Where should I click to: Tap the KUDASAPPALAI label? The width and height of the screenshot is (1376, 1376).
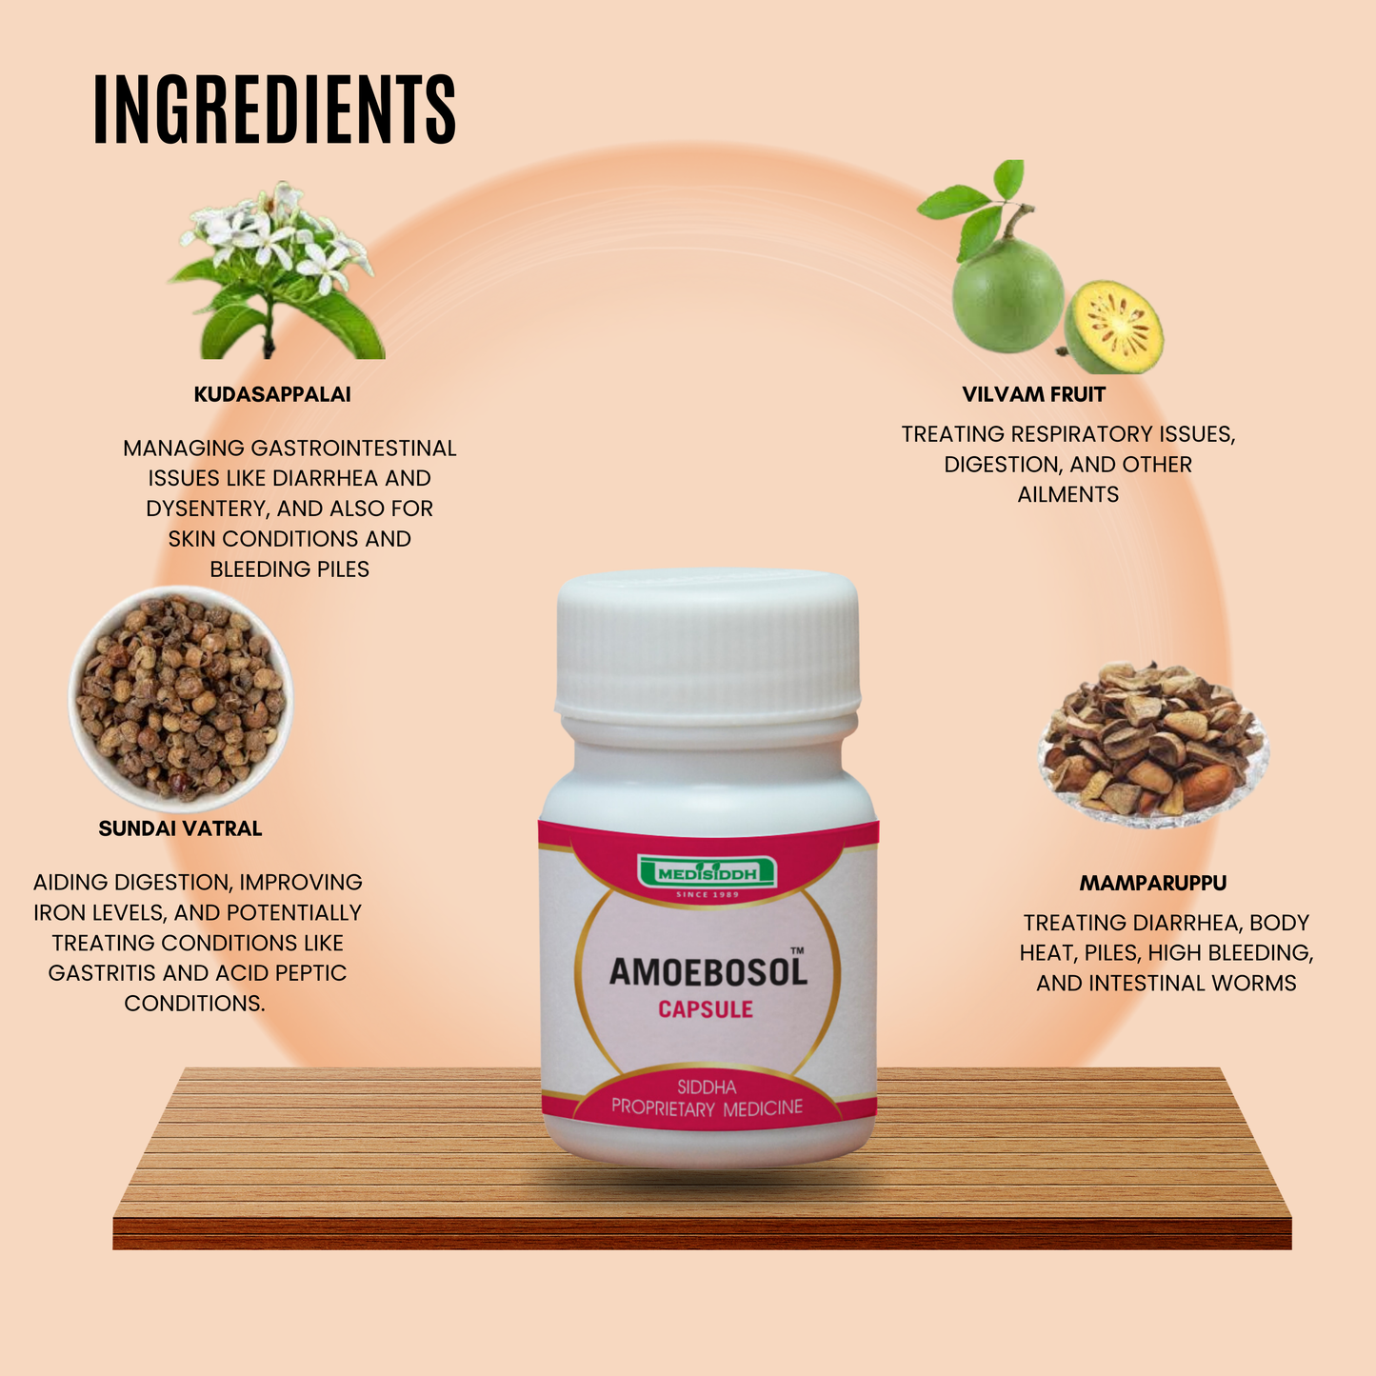point(272,394)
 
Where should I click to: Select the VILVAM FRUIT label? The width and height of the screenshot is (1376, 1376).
point(1033,394)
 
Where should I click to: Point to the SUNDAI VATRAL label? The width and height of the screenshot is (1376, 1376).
point(180,828)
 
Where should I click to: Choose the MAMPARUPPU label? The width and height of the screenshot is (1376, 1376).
point(1152,883)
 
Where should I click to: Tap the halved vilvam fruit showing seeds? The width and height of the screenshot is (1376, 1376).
point(1115,328)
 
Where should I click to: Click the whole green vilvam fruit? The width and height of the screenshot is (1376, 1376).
point(1007,295)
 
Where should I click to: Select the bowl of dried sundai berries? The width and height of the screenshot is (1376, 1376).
point(180,698)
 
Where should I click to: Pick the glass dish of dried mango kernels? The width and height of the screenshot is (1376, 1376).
point(1152,745)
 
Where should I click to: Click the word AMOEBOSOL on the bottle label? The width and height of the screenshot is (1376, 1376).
point(708,972)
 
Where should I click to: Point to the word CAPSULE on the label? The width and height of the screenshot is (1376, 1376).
point(706,1009)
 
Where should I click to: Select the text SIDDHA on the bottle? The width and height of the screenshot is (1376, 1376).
point(707,1087)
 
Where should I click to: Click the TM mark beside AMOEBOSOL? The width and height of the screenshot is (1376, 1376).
point(797,950)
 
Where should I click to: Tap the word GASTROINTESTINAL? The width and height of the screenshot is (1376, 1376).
point(353,448)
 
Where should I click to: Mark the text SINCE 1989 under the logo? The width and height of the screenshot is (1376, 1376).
point(707,895)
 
